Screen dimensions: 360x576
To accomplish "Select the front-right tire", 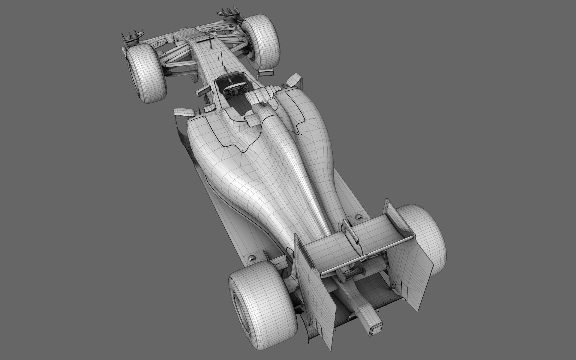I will pyautogui.click(x=261, y=42).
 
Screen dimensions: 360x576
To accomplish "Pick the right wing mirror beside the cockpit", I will pyautogui.click(x=266, y=73).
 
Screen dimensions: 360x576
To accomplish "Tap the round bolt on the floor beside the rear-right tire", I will pyautogui.click(x=358, y=216).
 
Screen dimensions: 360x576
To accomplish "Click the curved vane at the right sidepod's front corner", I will pyautogui.click(x=294, y=80).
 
